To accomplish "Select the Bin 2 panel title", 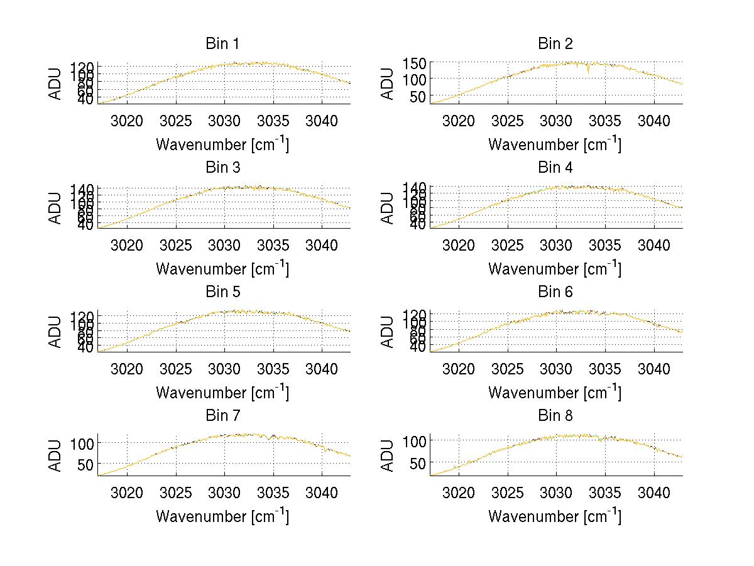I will coord(555,44).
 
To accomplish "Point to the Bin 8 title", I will coord(555,416).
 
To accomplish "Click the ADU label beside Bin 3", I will coord(56,207).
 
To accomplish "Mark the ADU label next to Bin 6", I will coord(388,331).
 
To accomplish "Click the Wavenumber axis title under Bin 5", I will coord(222,393).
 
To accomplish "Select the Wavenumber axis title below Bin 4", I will coord(555,269).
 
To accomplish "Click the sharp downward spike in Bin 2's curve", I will coord(588,71).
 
